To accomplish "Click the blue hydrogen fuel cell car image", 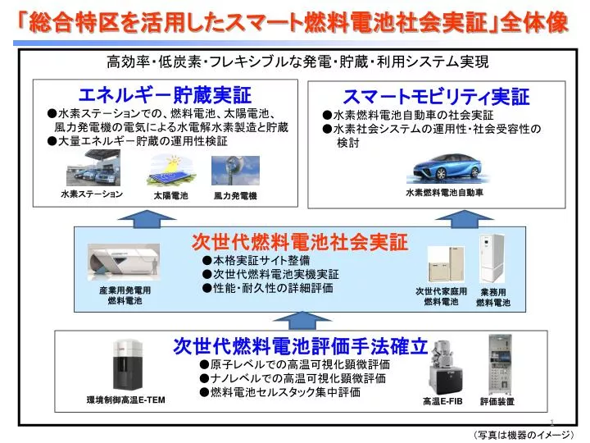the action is (x=447, y=168).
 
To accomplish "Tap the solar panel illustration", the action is (x=170, y=171).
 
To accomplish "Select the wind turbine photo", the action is (x=235, y=171).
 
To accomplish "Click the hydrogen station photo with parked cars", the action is (x=93, y=168).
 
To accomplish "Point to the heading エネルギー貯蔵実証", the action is (x=165, y=94).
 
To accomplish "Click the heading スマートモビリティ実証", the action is (x=436, y=97).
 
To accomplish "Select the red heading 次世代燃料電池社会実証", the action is (x=300, y=241).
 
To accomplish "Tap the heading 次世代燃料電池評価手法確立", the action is (x=300, y=346).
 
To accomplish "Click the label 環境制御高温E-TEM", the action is (x=125, y=400).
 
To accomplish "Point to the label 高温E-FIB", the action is (x=442, y=401).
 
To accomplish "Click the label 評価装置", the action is (x=497, y=401).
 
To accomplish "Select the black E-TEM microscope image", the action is (x=128, y=365).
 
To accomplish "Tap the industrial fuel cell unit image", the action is (x=124, y=262).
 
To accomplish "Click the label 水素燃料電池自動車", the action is (x=444, y=193).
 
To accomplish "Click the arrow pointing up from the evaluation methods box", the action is (x=302, y=321).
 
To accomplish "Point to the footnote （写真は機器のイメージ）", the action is (x=524, y=435).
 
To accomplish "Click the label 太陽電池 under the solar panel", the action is (x=170, y=195).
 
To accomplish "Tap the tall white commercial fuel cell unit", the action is (x=492, y=258).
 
